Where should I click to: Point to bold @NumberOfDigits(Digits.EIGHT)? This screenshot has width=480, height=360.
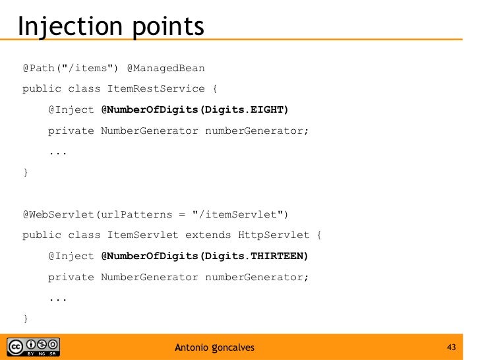pos(195,109)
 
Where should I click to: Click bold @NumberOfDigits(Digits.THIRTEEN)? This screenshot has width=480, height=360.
pos(204,256)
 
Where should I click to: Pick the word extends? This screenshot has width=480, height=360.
pos(208,235)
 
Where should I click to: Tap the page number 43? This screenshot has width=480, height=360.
pos(452,347)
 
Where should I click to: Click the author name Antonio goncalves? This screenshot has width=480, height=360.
pos(214,347)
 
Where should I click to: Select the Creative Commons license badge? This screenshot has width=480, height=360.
pos(34,347)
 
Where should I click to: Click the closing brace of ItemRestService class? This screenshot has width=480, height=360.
pos(26,173)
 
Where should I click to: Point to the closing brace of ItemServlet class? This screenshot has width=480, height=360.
pos(26,319)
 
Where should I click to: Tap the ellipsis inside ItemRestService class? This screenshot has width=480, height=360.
pos(58,152)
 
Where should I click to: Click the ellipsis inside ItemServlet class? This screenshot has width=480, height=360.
pos(58,298)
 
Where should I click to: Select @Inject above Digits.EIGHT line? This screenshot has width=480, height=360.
pos(71,109)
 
